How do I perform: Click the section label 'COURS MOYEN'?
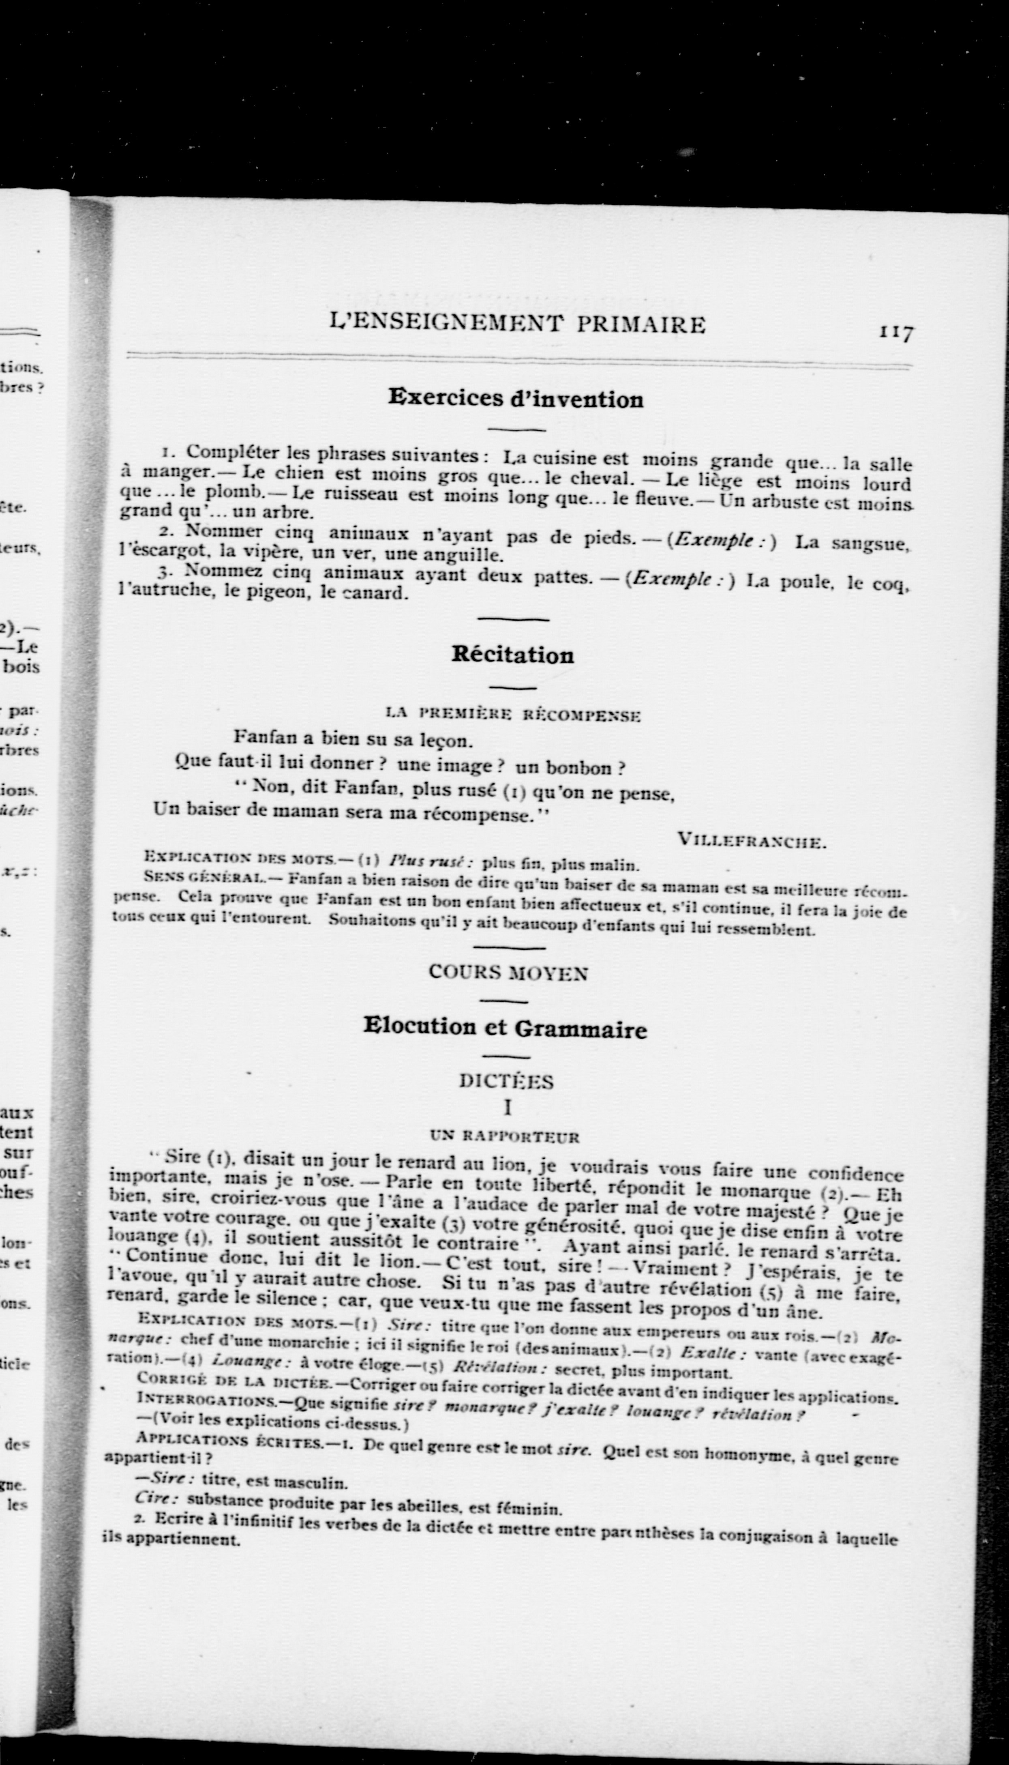tap(508, 973)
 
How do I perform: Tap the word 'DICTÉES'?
tap(507, 1082)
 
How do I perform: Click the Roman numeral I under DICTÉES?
tap(507, 1108)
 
